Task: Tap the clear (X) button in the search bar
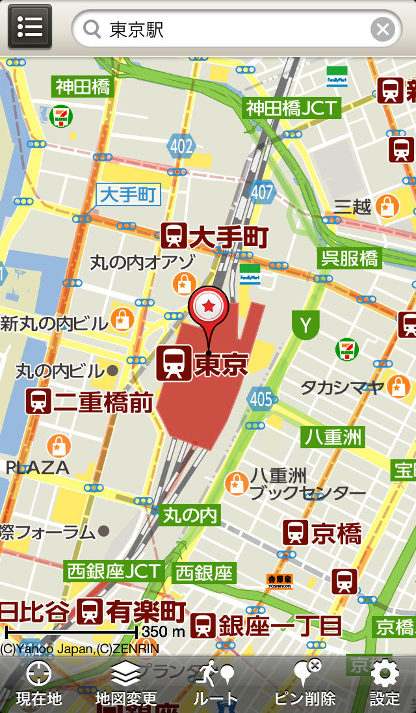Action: [383, 29]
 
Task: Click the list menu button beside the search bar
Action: [30, 27]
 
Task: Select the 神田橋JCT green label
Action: [292, 107]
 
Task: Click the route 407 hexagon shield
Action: [262, 191]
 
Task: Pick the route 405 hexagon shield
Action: [261, 399]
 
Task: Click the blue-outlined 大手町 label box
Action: [129, 195]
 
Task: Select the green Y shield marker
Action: [305, 325]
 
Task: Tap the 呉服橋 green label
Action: [349, 258]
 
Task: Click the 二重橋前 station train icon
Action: [38, 401]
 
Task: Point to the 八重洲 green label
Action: [333, 437]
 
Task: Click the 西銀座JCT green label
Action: [113, 571]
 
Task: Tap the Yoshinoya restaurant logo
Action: [279, 581]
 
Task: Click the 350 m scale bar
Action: [71, 631]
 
